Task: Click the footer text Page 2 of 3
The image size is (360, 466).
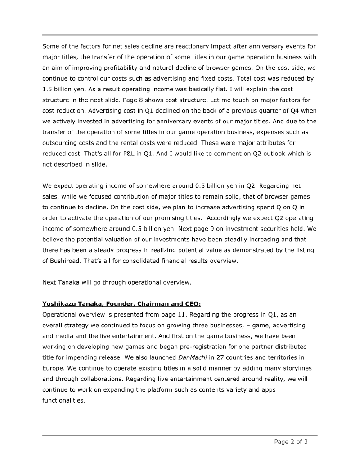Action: tap(291, 442)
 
